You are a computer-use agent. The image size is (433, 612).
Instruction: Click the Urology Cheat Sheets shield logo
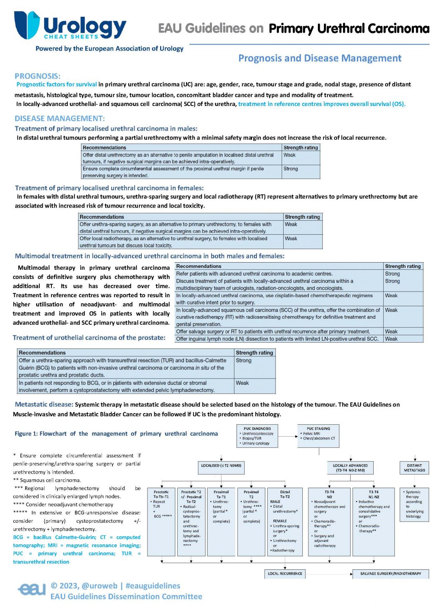click(x=27, y=25)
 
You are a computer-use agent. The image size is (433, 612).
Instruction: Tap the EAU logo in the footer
click(x=32, y=588)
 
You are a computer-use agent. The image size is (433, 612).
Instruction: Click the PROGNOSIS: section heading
click(x=37, y=76)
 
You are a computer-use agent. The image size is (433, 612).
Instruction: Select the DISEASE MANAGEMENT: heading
click(x=60, y=118)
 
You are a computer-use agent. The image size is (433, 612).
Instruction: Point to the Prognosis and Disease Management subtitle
click(x=319, y=58)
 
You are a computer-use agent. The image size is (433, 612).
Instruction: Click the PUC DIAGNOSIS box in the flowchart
click(x=257, y=436)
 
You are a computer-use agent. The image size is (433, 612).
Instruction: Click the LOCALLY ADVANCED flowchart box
click(x=350, y=467)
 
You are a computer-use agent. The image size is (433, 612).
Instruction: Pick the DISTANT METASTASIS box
click(x=414, y=467)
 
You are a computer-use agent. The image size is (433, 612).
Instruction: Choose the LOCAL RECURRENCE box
click(x=285, y=574)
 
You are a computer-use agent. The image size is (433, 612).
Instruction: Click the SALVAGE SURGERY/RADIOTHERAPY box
click(x=390, y=574)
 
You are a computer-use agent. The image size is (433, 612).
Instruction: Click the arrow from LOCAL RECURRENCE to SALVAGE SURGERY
click(x=329, y=574)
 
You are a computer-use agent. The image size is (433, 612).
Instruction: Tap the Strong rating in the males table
click(x=291, y=169)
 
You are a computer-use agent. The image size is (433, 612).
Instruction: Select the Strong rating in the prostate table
click(x=243, y=361)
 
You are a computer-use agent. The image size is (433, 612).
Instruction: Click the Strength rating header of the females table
click(x=302, y=217)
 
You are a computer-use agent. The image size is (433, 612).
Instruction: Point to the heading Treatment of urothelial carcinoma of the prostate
click(x=89, y=337)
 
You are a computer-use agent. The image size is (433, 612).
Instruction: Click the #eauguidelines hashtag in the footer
click(x=153, y=586)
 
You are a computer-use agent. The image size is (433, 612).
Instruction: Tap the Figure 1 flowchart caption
click(x=116, y=433)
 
